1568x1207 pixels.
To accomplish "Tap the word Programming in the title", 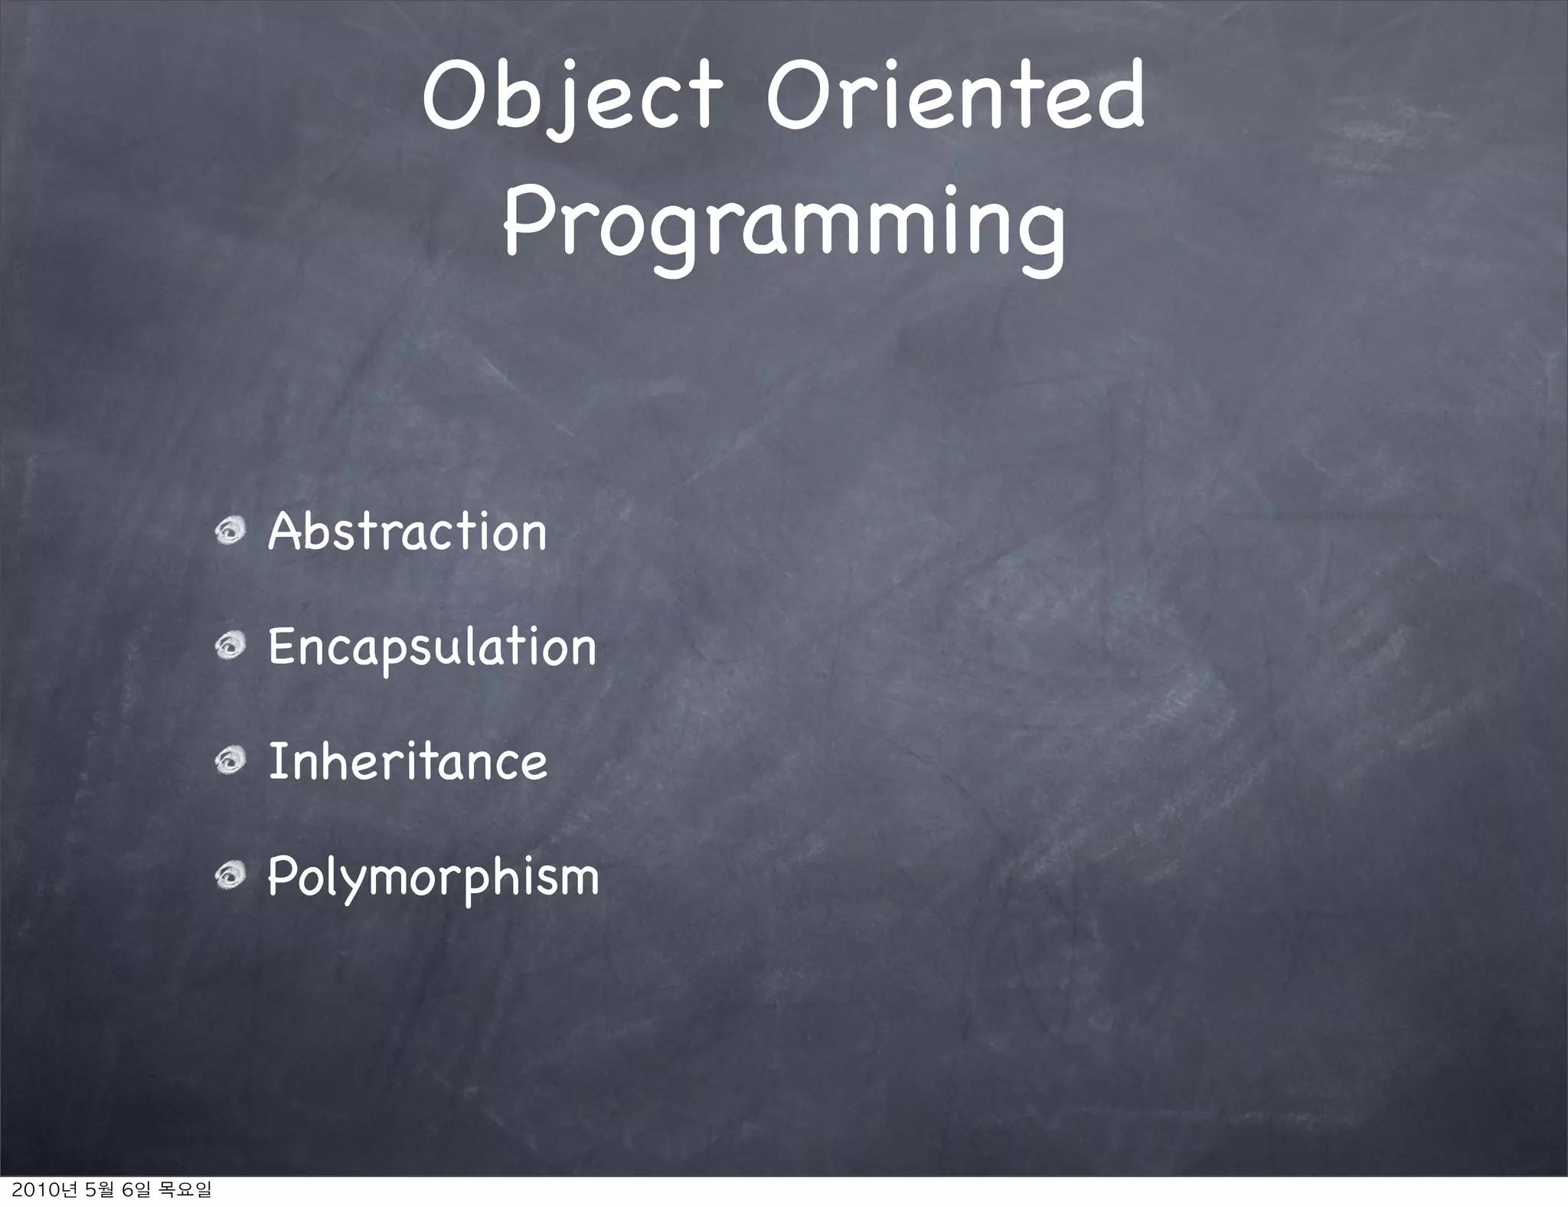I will [x=783, y=222].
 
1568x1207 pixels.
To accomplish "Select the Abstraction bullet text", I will [x=407, y=532].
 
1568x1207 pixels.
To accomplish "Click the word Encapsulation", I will [x=432, y=648].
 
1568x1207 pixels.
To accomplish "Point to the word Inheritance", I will [x=407, y=762].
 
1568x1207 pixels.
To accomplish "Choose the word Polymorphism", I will [x=433, y=878].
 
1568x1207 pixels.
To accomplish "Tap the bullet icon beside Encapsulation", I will [x=229, y=646].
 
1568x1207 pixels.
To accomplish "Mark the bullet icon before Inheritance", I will [x=229, y=761].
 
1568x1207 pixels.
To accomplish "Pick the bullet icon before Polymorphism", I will [x=229, y=876].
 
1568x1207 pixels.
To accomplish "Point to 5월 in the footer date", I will [x=103, y=1190].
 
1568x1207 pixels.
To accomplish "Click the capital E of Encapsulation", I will [x=281, y=646].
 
